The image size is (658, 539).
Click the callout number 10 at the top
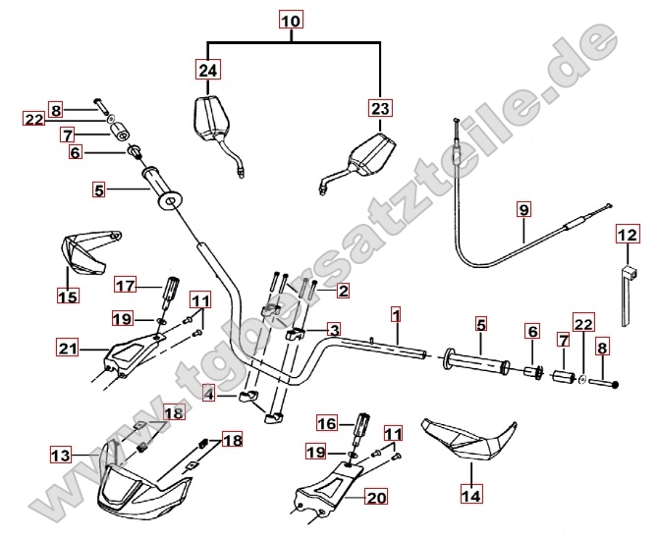[292, 20]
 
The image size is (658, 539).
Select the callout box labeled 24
[207, 70]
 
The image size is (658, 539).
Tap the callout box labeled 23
[380, 109]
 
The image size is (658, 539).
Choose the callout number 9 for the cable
[523, 209]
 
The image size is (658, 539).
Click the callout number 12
[627, 235]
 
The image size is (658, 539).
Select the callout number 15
[67, 295]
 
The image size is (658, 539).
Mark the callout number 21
[68, 347]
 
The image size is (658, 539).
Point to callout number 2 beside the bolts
[343, 291]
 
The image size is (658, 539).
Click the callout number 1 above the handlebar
[395, 315]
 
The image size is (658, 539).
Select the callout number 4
[209, 394]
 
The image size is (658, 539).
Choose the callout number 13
[61, 455]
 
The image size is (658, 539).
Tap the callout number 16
[327, 423]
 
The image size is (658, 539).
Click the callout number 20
[376, 498]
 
